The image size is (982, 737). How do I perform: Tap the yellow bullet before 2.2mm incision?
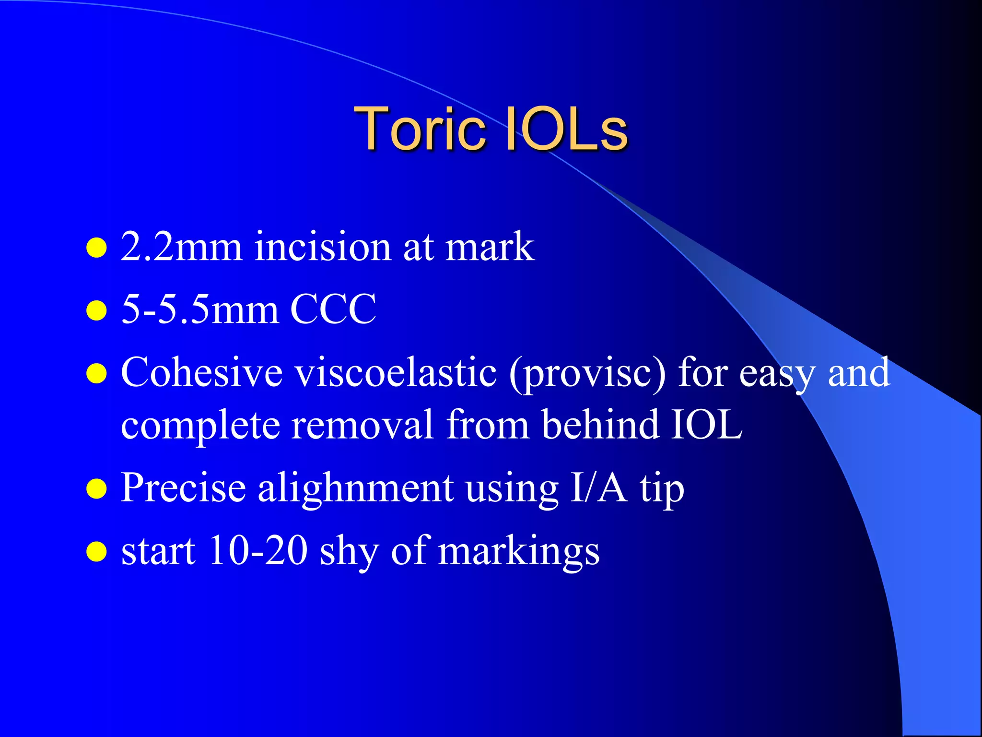coord(96,248)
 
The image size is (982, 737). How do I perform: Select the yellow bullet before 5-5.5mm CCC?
coord(96,310)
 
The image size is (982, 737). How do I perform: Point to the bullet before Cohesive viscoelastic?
coord(96,374)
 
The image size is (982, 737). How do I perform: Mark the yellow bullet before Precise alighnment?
coord(96,489)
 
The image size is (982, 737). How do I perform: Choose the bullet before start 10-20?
coord(96,552)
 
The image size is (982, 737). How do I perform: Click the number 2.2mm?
coord(182,247)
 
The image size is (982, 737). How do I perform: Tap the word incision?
coord(323,247)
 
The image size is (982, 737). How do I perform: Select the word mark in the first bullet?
coord(490,247)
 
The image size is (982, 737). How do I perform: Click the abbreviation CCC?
coord(333,309)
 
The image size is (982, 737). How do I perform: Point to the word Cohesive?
coord(202,372)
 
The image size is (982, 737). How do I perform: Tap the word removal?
coord(362,424)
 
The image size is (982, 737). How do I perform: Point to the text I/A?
coord(598,488)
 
